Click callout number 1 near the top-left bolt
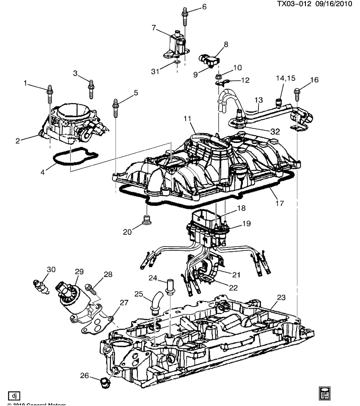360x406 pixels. (x=27, y=83)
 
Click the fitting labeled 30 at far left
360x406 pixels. (x=40, y=285)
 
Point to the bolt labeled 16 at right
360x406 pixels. (x=297, y=93)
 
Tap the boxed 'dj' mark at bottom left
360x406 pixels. (x=14, y=396)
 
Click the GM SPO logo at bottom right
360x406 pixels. (x=324, y=393)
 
